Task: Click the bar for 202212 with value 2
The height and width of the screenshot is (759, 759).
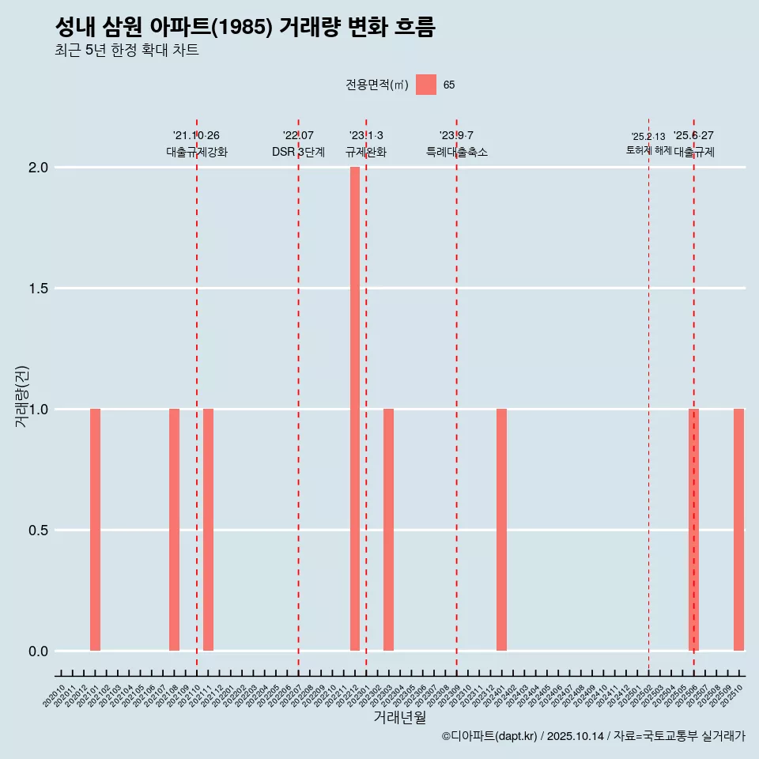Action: click(355, 409)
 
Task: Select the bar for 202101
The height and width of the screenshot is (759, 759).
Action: click(95, 530)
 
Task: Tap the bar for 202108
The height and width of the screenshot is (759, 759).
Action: click(174, 530)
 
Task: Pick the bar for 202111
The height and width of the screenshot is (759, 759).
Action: click(208, 530)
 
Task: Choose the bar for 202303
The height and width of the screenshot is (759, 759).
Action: click(388, 530)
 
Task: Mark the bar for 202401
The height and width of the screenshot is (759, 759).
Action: click(501, 530)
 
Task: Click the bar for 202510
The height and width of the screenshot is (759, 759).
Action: click(738, 530)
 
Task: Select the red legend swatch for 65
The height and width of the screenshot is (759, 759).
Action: click(426, 85)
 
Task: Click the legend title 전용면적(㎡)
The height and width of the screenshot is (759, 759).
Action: click(377, 85)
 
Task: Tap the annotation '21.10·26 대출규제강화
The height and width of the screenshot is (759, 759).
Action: click(196, 144)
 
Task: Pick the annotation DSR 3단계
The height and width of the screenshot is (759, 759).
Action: click(298, 152)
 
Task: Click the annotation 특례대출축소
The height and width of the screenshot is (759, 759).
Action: click(456, 152)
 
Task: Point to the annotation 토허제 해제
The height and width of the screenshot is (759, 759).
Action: click(648, 149)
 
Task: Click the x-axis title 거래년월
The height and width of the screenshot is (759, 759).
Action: click(399, 718)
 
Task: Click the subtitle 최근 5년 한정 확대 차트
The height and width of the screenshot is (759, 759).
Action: click(126, 51)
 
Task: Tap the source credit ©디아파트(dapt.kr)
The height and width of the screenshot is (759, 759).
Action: click(489, 736)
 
